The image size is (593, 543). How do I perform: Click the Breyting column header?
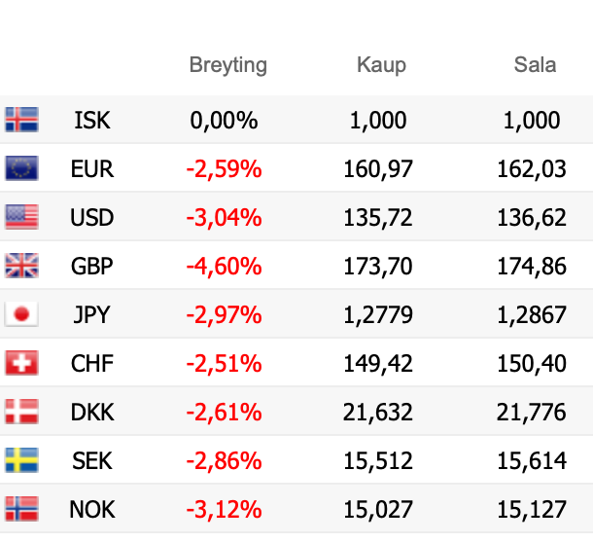pos(227,66)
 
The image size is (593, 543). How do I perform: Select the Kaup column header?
pos(381,66)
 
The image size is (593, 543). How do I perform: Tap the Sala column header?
pos(535,66)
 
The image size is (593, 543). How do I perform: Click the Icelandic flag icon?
pos(21,120)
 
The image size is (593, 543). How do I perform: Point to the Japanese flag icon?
pos(21,314)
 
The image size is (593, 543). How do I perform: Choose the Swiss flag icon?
pos(21,363)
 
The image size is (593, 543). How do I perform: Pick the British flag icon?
pos(21,266)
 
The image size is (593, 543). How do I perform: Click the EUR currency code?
pos(92,169)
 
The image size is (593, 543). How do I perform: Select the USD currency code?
pos(92,218)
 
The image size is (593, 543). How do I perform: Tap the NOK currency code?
pos(92,509)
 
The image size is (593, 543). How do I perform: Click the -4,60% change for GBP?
pos(224,267)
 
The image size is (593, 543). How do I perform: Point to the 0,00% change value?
pos(224,121)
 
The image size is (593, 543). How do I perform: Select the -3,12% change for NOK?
pos(224,509)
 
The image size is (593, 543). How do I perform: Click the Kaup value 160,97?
pos(378,169)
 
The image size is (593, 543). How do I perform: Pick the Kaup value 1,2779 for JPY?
pos(378,315)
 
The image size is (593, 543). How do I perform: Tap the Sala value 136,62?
pos(532,218)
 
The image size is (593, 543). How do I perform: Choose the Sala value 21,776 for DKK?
pos(532,413)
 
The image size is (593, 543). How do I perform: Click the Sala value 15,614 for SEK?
pos(532,460)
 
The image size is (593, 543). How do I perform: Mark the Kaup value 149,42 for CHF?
pos(378,364)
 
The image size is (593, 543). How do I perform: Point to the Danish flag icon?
pos(21,412)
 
